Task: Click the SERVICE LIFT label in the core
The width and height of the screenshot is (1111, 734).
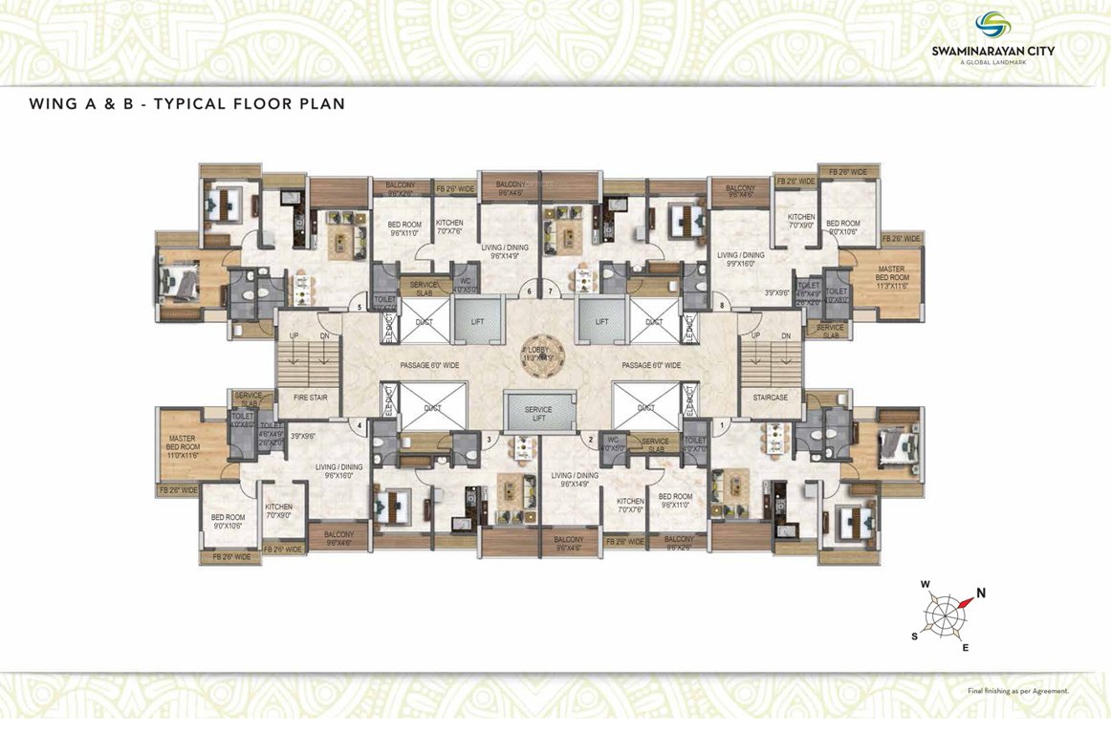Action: coord(538,414)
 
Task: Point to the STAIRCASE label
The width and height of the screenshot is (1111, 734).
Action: coord(771,397)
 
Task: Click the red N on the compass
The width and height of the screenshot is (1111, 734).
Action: coord(980,593)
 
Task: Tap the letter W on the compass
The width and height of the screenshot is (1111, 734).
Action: coord(925,584)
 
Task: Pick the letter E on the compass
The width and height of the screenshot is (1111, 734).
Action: coord(965,648)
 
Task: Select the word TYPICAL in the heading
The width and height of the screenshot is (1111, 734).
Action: coord(181,103)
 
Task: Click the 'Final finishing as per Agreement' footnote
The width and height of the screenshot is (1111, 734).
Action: coord(1017,690)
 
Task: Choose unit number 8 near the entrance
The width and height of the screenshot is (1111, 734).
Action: coord(721,306)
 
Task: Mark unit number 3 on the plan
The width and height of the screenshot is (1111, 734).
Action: coord(490,440)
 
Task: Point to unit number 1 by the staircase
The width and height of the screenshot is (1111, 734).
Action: coord(721,422)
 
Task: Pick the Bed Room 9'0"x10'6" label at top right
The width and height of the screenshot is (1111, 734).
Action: coord(842,227)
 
